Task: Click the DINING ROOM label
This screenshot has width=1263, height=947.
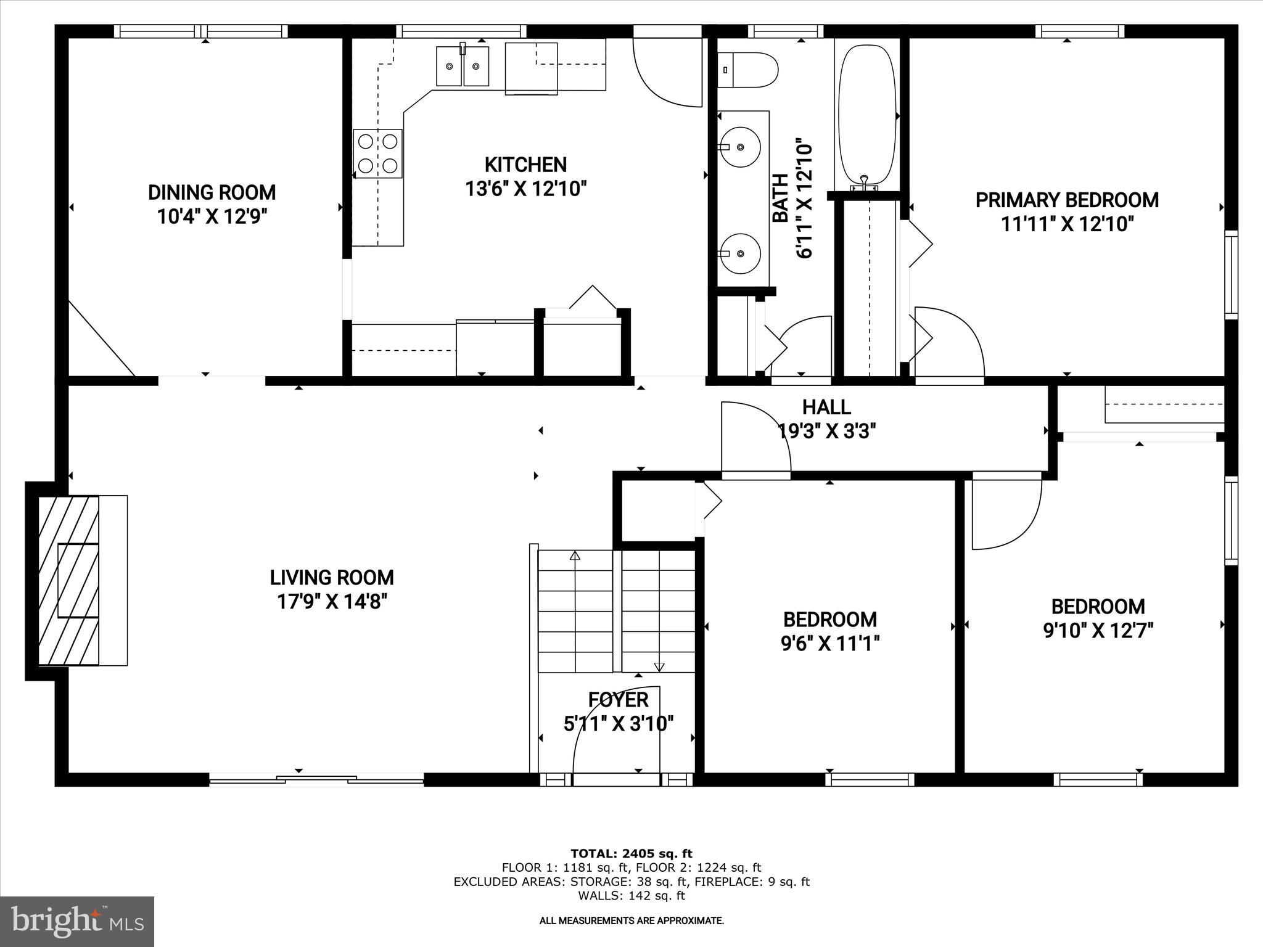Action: tap(212, 192)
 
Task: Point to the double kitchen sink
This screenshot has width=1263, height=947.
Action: tap(463, 66)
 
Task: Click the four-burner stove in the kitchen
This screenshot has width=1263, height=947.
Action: tap(377, 154)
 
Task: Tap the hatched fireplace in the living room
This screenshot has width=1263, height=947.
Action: tap(68, 580)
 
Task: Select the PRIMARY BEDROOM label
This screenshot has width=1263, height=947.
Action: tap(1067, 200)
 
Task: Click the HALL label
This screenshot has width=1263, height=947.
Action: tap(826, 407)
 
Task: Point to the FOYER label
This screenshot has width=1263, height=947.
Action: tap(618, 700)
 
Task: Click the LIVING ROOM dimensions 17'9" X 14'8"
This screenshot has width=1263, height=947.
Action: tap(332, 601)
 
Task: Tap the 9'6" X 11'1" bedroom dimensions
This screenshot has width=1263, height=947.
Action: tap(829, 644)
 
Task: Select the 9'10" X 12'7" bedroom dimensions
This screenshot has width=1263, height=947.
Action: tap(1098, 631)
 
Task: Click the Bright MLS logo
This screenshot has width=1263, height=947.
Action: tap(77, 921)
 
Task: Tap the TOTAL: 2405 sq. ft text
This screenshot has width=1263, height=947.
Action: tap(631, 854)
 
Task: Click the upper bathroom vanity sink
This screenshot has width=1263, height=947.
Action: tap(741, 147)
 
